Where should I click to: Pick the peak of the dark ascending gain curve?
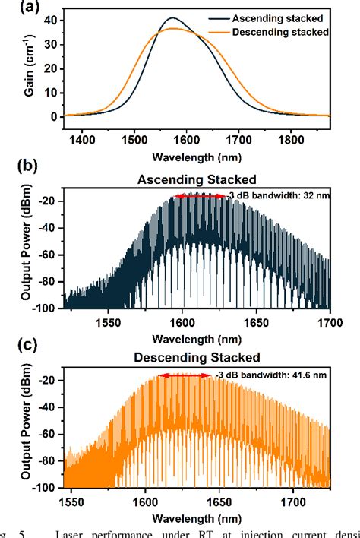tap(173, 18)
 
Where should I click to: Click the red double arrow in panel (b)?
tap(200, 196)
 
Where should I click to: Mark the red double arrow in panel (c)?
tap(185, 375)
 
